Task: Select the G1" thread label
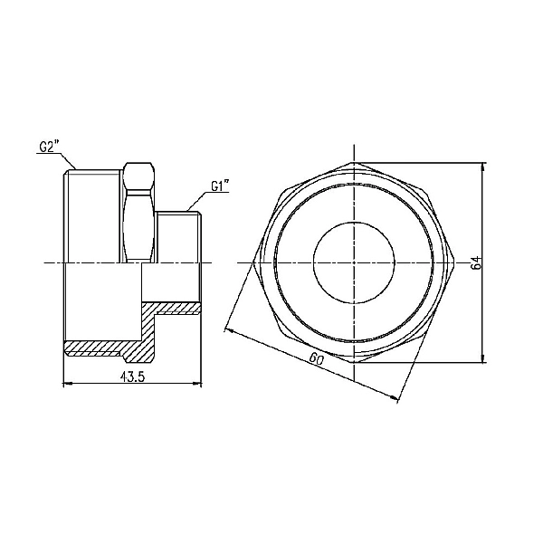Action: tap(220, 186)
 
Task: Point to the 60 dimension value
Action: tap(317, 359)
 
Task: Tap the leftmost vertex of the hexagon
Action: tap(257, 262)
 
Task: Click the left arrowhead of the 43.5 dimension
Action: tap(65, 385)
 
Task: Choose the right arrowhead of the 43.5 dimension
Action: tap(197, 385)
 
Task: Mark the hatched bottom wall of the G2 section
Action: tap(100, 347)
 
